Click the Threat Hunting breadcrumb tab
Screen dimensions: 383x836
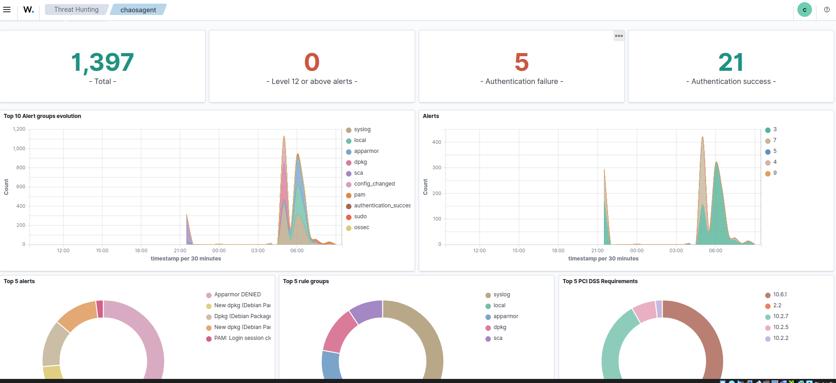click(76, 10)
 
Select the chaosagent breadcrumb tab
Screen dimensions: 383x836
click(138, 10)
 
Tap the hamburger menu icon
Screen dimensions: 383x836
click(7, 10)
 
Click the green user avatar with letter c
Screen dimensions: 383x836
click(804, 10)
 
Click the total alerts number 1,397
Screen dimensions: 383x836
click(103, 62)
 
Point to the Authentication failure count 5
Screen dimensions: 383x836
click(521, 62)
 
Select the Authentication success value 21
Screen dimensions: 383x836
click(731, 62)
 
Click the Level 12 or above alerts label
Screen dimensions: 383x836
click(312, 81)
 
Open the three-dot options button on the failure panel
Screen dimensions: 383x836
click(618, 36)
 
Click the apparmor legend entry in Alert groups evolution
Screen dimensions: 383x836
click(366, 151)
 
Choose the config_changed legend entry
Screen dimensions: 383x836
click(374, 184)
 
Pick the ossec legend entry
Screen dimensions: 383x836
click(361, 227)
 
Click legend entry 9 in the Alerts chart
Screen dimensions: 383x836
click(775, 173)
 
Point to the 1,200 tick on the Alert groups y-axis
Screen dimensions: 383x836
click(19, 129)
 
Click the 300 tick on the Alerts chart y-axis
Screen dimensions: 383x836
click(436, 167)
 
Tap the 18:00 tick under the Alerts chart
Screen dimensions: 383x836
click(558, 250)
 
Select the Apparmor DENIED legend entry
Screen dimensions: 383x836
click(237, 295)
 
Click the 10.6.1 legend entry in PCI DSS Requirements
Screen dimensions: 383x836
click(780, 295)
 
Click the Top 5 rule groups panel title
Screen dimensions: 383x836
click(306, 281)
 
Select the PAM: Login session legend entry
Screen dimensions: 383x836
click(242, 338)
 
